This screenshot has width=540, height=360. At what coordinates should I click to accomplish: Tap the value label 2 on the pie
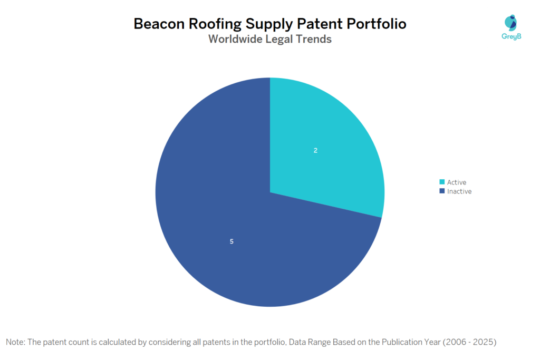[x=315, y=151]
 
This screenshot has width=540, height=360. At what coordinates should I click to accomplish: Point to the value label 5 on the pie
[x=232, y=241]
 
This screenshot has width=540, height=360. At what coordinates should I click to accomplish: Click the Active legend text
[x=457, y=182]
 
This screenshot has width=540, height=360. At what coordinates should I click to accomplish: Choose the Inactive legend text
[x=459, y=191]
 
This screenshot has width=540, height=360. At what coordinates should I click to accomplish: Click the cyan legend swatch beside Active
[x=442, y=182]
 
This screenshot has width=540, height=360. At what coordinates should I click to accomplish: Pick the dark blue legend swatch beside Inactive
[x=442, y=191]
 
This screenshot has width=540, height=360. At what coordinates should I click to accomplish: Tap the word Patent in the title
[x=312, y=24]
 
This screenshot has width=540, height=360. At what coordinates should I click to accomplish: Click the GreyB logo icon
[x=510, y=22]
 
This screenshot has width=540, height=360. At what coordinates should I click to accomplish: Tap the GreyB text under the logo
[x=510, y=37]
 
